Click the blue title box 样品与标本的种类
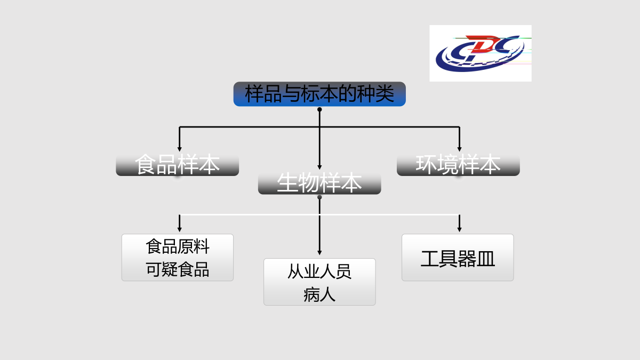coord(319,94)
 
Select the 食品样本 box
coord(178,165)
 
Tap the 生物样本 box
coord(319,183)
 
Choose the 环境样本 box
coord(458,165)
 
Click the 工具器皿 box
coord(458,258)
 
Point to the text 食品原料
coord(178,246)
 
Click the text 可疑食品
coord(178,269)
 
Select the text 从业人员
coord(319,271)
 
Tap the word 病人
coord(319,294)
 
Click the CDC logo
coord(481,53)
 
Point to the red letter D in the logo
coord(484,43)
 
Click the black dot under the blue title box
coord(319,109)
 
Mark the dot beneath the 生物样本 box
coord(319,197)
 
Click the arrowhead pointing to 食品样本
coord(179,149)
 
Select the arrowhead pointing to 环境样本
coord(459,149)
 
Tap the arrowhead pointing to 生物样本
coord(319,167)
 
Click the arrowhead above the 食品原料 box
coord(179,230)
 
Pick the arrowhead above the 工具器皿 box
coord(459,230)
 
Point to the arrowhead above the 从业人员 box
coord(319,253)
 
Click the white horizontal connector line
coord(319,214)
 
